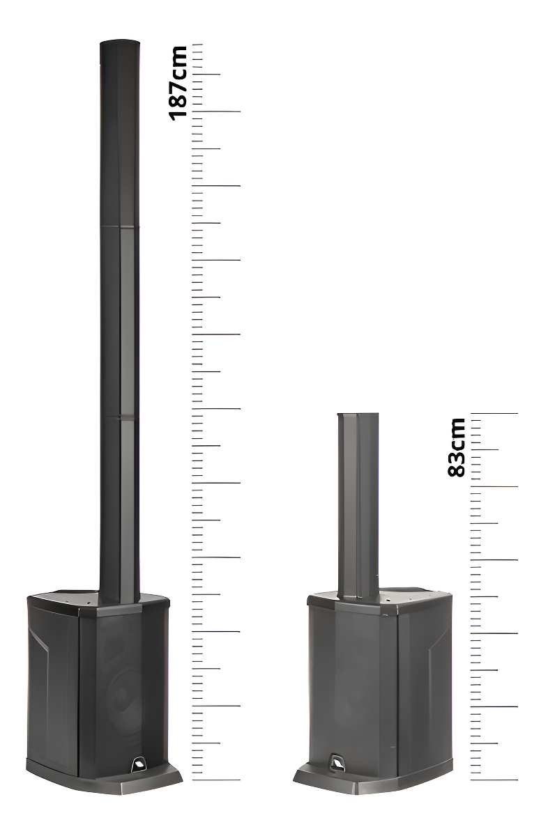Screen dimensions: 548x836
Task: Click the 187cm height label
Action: coord(178,83)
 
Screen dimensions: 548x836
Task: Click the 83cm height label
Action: coord(457,447)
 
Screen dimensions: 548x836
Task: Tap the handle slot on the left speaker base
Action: coord(139,764)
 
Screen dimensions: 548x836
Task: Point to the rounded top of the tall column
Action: coord(120,42)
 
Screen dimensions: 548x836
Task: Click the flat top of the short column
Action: coord(358,415)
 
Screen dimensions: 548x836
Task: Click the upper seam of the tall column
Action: coord(120,226)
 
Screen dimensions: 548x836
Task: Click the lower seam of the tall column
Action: coord(120,416)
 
